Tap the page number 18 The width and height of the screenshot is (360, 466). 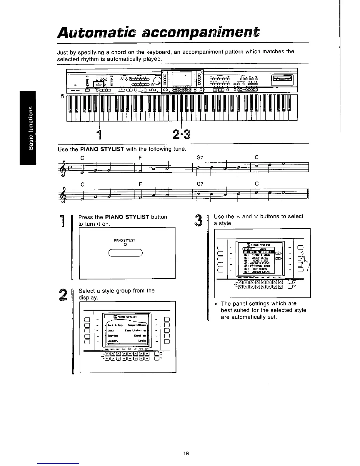(x=186, y=453)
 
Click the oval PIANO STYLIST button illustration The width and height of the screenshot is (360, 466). (x=125, y=253)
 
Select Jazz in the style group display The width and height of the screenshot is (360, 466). (x=111, y=331)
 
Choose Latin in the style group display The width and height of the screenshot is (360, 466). (x=142, y=341)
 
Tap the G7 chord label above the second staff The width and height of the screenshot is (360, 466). (x=200, y=184)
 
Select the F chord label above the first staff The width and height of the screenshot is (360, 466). (x=140, y=158)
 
